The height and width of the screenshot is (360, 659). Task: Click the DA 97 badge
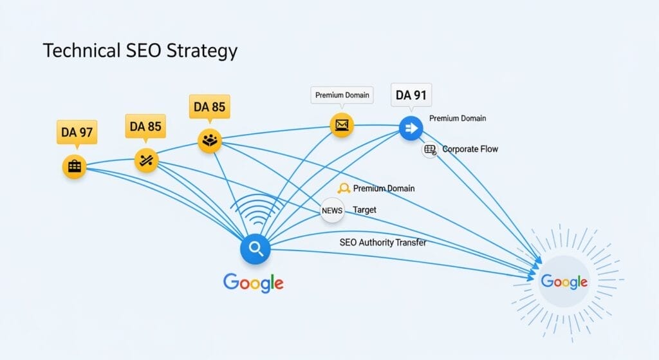[77, 133]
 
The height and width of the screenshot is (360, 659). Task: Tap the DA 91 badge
[412, 95]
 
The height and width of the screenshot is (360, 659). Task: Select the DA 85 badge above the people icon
[209, 107]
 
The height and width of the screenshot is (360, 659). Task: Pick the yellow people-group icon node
[210, 140]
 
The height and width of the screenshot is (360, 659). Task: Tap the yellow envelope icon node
[342, 125]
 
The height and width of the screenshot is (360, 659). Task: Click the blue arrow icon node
[411, 129]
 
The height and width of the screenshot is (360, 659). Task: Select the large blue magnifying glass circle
[255, 250]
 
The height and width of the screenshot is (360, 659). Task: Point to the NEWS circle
[332, 211]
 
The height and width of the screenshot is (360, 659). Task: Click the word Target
[365, 210]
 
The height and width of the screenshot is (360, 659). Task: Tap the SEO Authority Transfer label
[382, 243]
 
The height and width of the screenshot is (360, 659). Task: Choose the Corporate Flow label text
[470, 149]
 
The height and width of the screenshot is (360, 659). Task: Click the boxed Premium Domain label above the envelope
[342, 95]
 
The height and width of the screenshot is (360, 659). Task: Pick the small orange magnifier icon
[344, 189]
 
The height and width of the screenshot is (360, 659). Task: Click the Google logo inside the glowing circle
[564, 281]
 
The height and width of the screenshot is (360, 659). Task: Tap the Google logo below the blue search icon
[253, 282]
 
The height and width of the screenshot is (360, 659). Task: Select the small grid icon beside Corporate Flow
[429, 149]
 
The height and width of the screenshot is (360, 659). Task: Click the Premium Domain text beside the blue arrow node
[458, 118]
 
